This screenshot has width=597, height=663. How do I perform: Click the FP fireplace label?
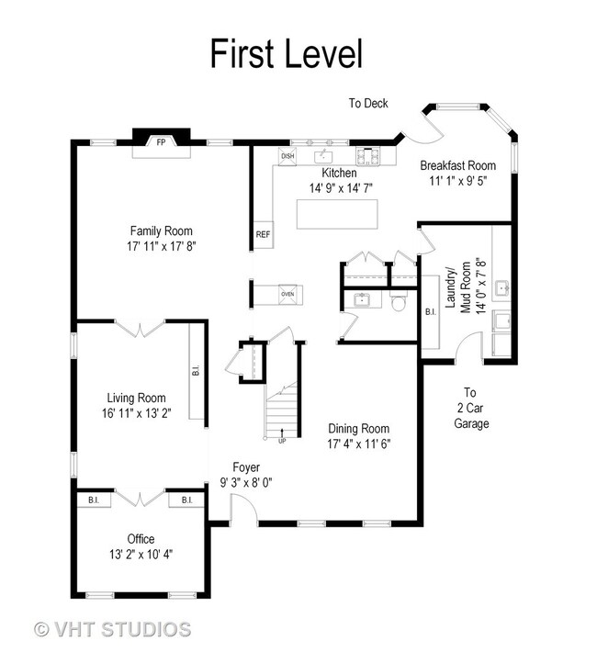(161, 142)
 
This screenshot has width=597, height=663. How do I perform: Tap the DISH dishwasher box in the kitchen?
(287, 156)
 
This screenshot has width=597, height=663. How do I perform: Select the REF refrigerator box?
(263, 234)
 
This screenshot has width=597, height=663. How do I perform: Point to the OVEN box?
(287, 294)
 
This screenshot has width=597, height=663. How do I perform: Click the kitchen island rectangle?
(337, 214)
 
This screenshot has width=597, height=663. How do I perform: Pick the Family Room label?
(161, 231)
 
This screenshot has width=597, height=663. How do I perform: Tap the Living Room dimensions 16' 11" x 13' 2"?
(136, 413)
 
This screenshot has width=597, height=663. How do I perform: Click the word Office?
(141, 539)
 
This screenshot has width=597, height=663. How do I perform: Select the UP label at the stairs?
(282, 442)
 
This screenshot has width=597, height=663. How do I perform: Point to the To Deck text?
(368, 103)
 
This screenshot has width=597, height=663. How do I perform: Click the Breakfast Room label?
(458, 165)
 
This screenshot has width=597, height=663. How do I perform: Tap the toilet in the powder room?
(398, 300)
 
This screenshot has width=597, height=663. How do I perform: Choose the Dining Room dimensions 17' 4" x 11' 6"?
(358, 444)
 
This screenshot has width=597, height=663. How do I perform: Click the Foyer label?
(246, 467)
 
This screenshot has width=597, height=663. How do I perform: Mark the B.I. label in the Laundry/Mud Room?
(431, 312)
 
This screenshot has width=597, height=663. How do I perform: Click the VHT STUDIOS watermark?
(112, 629)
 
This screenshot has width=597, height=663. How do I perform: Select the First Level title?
(287, 53)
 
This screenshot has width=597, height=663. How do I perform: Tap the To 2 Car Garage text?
(471, 408)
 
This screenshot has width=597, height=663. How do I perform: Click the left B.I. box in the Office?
(94, 500)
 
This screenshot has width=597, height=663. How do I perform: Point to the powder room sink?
(363, 299)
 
